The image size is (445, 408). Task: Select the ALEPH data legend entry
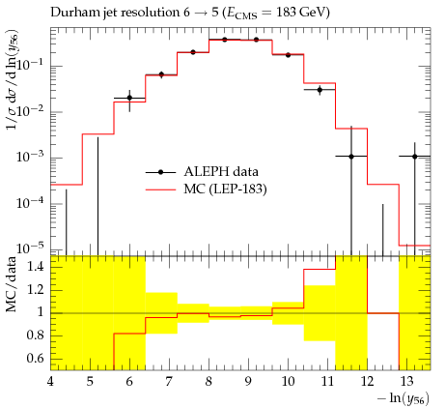[202, 172]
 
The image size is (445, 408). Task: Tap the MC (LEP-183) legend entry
[206, 189]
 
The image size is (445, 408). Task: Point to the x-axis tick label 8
[209, 382]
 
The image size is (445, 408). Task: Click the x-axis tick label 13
[406, 382]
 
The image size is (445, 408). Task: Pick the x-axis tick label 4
[50, 382]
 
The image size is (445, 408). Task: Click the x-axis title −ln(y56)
[403, 398]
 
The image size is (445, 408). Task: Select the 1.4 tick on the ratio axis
[36, 267]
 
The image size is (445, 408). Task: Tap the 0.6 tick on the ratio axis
[36, 359]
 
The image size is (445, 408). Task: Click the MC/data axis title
[12, 284]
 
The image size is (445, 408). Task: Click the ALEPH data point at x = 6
[129, 98]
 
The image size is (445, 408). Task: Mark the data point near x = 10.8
[320, 90]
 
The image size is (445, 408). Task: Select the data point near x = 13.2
[415, 157]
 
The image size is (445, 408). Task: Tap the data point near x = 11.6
[351, 157]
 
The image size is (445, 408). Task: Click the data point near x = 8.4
[225, 40]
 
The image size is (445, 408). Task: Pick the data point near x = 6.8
[161, 74]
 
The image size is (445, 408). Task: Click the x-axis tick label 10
[288, 382]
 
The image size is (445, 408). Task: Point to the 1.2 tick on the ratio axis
[36, 290]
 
